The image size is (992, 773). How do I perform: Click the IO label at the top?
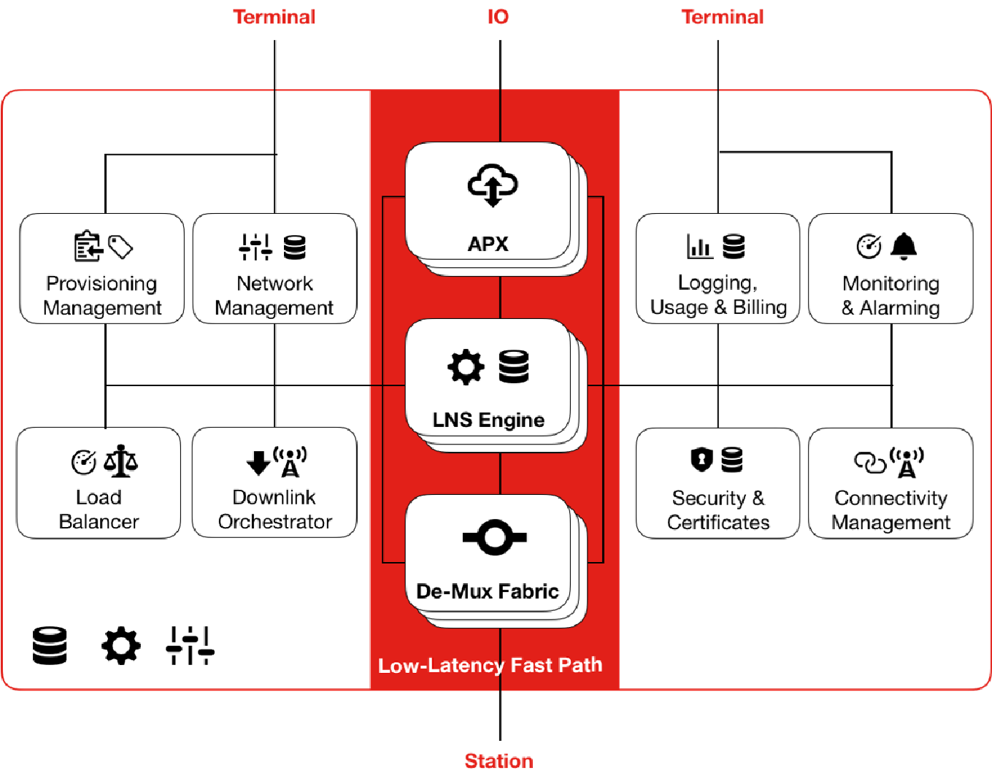[498, 17]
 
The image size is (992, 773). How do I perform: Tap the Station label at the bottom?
[499, 761]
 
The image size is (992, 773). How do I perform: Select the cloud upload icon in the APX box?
[493, 185]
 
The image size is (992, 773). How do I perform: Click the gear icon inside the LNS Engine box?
[466, 366]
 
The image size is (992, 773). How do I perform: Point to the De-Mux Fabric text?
[488, 591]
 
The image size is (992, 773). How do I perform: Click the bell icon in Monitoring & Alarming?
[904, 246]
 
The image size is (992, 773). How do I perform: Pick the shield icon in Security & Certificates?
[701, 459]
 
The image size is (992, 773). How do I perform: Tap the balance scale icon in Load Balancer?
[120, 461]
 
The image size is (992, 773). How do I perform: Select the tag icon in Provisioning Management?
[121, 247]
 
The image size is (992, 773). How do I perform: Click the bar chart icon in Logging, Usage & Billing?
[699, 247]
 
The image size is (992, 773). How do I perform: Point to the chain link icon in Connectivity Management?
[870, 462]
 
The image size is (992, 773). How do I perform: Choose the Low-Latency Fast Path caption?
[490, 666]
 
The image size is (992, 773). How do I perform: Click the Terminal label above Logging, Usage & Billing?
[723, 17]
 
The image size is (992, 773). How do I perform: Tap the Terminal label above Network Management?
[274, 17]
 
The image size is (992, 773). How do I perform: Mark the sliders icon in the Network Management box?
[255, 247]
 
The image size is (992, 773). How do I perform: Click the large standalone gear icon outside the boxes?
[120, 645]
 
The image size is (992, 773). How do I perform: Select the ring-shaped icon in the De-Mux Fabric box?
[494, 538]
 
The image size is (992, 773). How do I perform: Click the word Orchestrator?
[275, 522]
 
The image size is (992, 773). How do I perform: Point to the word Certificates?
[718, 523]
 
